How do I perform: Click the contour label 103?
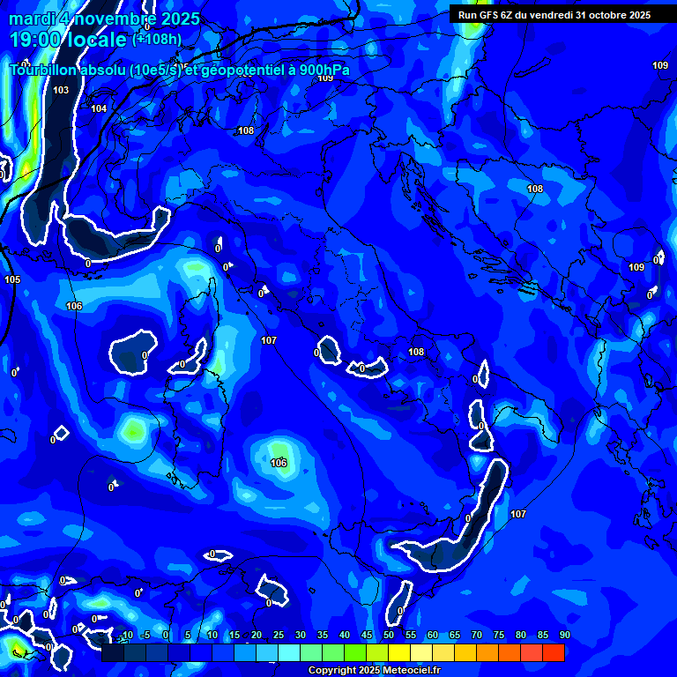61,91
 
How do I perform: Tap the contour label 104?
99,109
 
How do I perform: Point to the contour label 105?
12,280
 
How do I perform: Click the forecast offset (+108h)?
157,40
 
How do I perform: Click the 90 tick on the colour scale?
564,636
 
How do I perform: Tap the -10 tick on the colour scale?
126,636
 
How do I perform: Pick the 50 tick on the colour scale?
389,636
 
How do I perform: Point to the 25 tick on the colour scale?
279,636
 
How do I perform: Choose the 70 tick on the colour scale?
477,636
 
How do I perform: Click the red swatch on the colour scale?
554,652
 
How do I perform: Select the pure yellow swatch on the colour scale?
399,652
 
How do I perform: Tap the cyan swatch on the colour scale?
289,652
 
